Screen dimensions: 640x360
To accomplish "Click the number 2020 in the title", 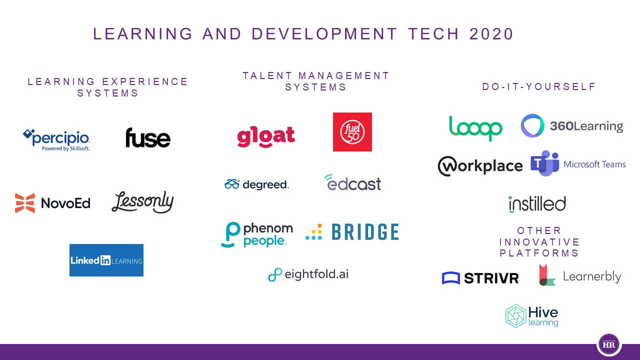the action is tap(491, 34).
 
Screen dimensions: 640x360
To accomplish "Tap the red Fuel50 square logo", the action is tap(352, 131).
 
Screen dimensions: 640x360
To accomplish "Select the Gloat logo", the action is tap(265, 136).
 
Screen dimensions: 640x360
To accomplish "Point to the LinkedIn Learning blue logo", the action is tap(106, 260).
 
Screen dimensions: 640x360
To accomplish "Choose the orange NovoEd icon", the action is tap(25, 203).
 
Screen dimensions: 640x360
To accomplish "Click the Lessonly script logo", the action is tap(142, 202).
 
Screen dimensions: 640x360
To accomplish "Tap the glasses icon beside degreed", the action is tap(232, 184).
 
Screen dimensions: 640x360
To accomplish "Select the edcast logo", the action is tap(352, 182).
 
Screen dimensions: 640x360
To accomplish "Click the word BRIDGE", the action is tap(365, 231).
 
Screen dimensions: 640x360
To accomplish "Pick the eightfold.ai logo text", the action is tap(316, 274).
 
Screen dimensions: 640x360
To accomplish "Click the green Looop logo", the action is tap(475, 128).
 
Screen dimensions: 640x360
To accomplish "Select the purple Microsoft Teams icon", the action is tap(545, 163).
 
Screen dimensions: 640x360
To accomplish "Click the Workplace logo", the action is tap(480, 166).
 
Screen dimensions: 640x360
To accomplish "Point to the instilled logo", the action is tap(537, 204).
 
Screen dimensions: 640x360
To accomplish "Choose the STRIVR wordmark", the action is tap(491, 278).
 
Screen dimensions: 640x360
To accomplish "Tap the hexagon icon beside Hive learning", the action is tap(515, 315).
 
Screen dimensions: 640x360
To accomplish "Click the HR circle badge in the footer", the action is tap(609, 344).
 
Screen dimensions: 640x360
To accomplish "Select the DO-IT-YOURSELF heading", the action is tap(539, 86).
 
